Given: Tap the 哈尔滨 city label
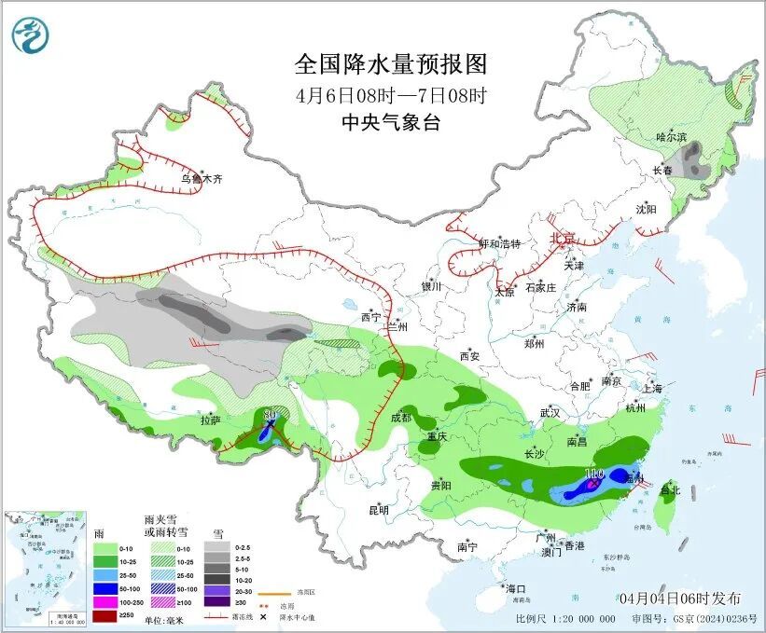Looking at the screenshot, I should (x=671, y=137).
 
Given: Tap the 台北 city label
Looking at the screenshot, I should (x=670, y=489).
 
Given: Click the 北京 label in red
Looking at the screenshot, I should (x=563, y=238).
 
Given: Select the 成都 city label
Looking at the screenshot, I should (x=400, y=418).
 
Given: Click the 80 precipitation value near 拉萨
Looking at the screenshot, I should (x=271, y=414).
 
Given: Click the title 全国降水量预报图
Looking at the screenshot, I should (x=391, y=64).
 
